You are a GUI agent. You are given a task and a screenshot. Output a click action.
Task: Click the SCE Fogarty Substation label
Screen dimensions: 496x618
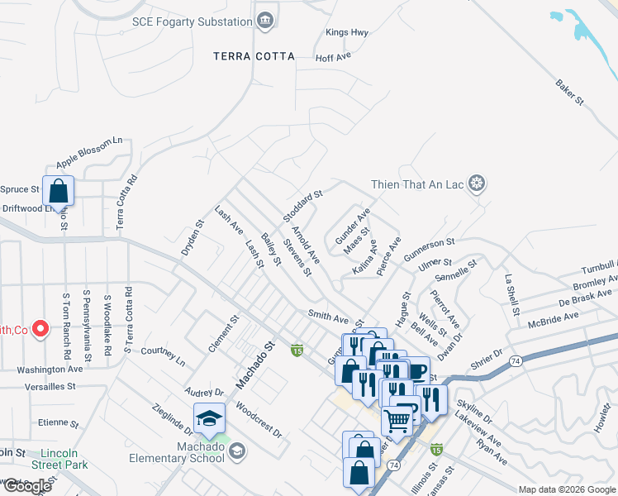192,21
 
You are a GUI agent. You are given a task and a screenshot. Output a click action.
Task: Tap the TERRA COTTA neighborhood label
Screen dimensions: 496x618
254,56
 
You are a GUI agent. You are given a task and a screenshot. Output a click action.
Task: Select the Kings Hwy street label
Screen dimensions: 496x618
346,32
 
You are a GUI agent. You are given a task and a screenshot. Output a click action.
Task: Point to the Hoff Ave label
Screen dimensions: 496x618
334,57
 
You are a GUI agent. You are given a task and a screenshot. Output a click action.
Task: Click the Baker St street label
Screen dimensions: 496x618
569,92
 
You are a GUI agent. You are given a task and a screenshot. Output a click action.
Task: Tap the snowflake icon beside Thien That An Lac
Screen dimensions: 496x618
476,183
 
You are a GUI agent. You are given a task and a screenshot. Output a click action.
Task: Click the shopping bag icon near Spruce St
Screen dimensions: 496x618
59,190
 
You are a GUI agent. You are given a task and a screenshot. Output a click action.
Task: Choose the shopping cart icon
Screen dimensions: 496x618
397,421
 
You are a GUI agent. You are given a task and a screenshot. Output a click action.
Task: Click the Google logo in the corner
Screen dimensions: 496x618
26,486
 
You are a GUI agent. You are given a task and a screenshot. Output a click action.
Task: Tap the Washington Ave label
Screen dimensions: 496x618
50,369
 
